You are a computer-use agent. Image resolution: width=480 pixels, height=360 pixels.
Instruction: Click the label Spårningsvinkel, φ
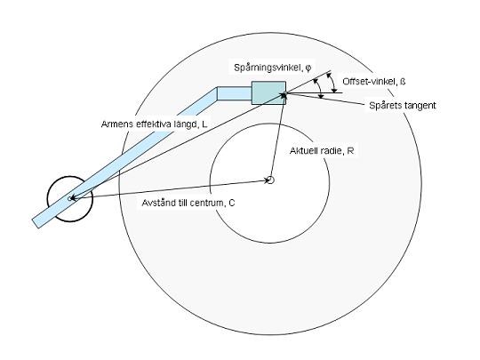pyautogui.click(x=273, y=68)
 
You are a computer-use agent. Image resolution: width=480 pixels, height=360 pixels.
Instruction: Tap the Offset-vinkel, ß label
pyautogui.click(x=373, y=82)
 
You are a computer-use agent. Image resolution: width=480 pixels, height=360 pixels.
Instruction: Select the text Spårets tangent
pyautogui.click(x=403, y=105)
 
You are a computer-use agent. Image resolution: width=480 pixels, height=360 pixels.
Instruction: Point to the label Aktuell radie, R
pyautogui.click(x=322, y=150)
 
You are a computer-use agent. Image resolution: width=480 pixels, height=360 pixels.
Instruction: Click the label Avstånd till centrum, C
pyautogui.click(x=188, y=203)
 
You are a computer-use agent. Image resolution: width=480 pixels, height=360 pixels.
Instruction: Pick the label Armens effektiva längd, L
pyautogui.click(x=155, y=124)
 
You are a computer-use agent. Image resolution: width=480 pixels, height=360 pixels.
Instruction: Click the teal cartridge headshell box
pyautogui.click(x=268, y=92)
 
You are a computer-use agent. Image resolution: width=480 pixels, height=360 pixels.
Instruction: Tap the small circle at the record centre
pyautogui.click(x=270, y=180)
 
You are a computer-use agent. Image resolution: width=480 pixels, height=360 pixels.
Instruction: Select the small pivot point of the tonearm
pyautogui.click(x=70, y=199)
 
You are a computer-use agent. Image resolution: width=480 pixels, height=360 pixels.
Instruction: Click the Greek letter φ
pyautogui.click(x=308, y=68)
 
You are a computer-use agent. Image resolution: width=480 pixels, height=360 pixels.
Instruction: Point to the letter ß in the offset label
pyautogui.click(x=403, y=82)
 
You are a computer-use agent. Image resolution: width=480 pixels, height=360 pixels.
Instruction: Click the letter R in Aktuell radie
pyautogui.click(x=351, y=150)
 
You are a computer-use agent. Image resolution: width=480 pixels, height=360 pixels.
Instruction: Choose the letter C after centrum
pyautogui.click(x=232, y=203)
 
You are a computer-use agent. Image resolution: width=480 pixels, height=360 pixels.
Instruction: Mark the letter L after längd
pyautogui.click(x=204, y=124)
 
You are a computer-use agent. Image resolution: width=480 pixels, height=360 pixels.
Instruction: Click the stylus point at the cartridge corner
pyautogui.click(x=285, y=93)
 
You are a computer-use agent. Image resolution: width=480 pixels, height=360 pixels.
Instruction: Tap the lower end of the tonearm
pyautogui.click(x=36, y=224)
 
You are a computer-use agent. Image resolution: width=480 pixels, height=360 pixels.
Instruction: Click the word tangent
pyautogui.click(x=420, y=106)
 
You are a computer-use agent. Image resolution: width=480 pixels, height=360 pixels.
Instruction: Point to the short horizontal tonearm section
pyautogui.click(x=235, y=93)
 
